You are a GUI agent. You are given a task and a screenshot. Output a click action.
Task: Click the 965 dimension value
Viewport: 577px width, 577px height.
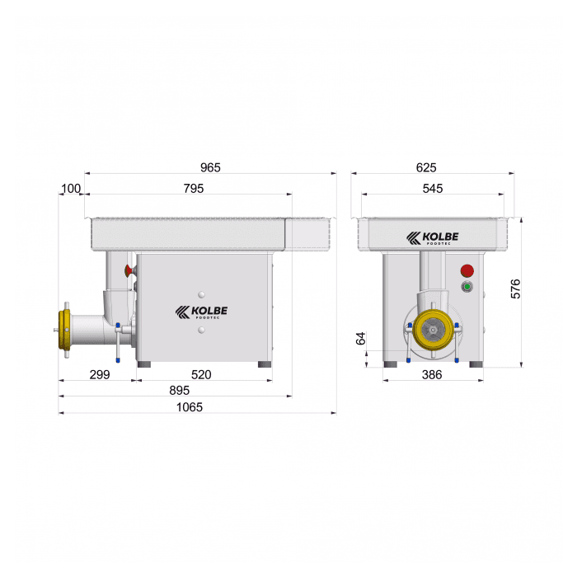210,167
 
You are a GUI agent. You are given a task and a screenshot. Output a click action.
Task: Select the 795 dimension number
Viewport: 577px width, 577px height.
194,189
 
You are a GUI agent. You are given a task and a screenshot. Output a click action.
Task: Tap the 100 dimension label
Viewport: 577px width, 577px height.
70,189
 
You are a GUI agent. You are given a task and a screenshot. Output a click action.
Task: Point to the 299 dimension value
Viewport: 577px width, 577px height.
100,374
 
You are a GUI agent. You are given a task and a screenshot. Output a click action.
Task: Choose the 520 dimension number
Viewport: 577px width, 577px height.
201,374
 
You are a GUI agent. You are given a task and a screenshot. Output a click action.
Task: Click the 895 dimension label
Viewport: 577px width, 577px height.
179,390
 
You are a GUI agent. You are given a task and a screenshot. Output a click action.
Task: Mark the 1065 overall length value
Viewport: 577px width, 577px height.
190,407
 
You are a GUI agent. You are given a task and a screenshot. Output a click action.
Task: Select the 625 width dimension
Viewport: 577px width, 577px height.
426,167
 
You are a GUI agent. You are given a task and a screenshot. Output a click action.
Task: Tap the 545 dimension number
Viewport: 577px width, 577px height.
433,189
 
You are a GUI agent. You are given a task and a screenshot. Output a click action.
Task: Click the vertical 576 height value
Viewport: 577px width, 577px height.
516,288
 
